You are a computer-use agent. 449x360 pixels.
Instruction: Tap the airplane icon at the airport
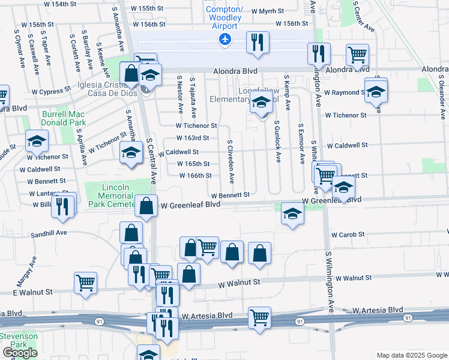[225, 40]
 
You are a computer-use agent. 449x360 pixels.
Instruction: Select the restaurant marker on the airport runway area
[258, 43]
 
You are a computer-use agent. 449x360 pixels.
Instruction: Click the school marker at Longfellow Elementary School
[261, 103]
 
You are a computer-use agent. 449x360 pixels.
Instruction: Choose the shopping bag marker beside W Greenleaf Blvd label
[146, 206]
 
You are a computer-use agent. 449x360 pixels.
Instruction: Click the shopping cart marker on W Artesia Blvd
[259, 318]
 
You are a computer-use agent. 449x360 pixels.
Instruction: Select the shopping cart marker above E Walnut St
[86, 282]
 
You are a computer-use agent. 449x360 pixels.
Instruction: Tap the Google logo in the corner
[20, 353]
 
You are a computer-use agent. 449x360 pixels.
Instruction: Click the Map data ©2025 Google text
[411, 355]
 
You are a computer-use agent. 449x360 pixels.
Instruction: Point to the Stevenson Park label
[19, 340]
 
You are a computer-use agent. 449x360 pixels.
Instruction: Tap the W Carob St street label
[348, 234]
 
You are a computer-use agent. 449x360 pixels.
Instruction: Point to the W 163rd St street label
[193, 138]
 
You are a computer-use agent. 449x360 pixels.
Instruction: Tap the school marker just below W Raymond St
[376, 92]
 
